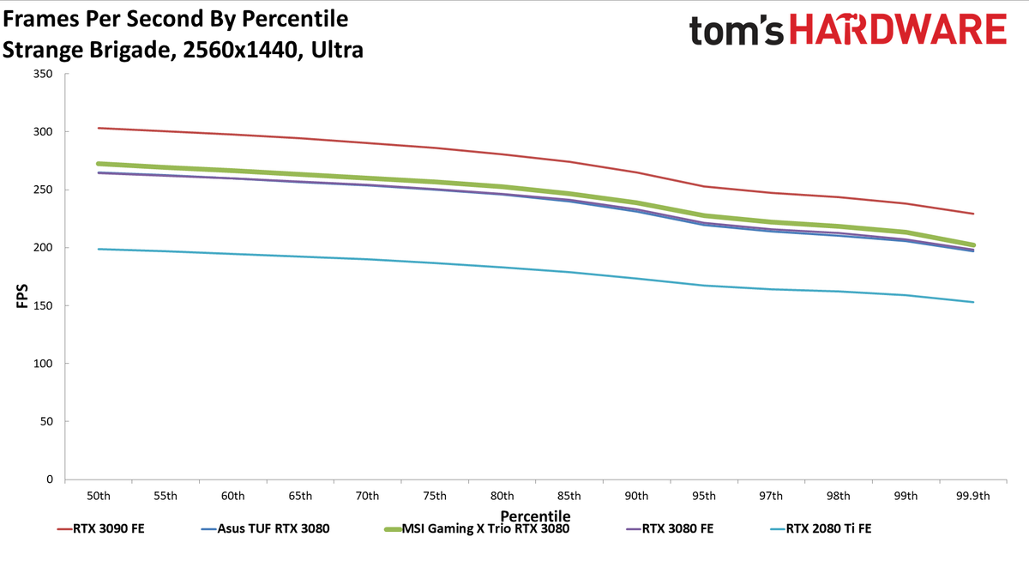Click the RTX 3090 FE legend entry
[x=100, y=528]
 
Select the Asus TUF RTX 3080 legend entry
[x=265, y=528]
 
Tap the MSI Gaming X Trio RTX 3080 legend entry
[x=477, y=528]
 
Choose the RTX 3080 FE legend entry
[x=670, y=528]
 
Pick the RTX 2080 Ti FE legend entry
[x=821, y=528]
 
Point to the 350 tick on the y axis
[x=43, y=74]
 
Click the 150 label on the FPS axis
[x=43, y=305]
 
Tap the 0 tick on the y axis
[x=50, y=479]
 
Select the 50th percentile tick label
[x=99, y=496]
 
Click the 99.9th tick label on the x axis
[x=973, y=496]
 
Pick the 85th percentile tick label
[x=569, y=496]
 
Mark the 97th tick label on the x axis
[x=770, y=496]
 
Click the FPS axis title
[x=22, y=296]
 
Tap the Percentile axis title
[x=535, y=516]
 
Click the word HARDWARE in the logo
[x=898, y=30]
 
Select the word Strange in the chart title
[x=43, y=50]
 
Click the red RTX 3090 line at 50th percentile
[x=99, y=128]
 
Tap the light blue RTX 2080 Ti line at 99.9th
[x=973, y=302]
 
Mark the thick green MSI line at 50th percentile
[x=99, y=164]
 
